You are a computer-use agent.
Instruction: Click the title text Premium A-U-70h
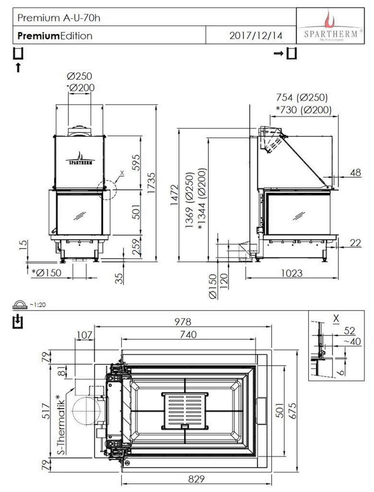pos(59,18)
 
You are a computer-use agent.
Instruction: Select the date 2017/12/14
pos(256,36)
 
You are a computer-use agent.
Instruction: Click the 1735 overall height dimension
pos(151,183)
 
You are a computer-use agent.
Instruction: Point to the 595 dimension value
pos(137,162)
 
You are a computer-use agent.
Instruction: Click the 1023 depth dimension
pos(292,273)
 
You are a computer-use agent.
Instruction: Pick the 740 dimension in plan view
pos(188,335)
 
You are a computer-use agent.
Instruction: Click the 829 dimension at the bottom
pos(196,479)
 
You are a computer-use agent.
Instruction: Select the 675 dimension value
pos(292,411)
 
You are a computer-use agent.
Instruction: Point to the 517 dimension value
pos(46,411)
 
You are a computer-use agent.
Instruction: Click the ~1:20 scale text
pos(37,305)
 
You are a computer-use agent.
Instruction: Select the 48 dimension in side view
pos(355,172)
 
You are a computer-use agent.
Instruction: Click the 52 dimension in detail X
pos(350,331)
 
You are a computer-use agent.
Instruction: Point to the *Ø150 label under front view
pos(46,273)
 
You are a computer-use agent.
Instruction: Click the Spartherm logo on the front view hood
pos(80,159)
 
